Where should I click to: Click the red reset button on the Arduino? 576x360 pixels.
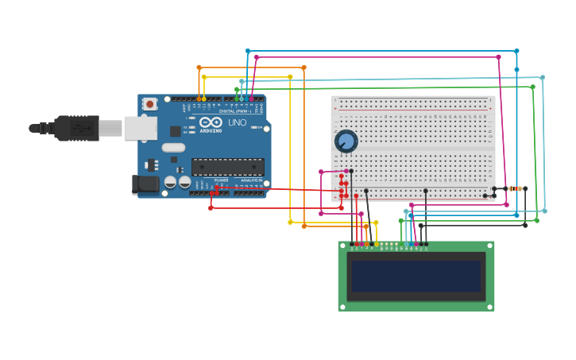[150, 103]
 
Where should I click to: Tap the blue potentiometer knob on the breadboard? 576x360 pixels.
[346, 141]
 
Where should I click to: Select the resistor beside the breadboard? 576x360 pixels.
[516, 189]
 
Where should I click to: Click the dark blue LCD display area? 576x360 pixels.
[416, 276]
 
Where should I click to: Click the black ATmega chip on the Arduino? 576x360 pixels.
[227, 166]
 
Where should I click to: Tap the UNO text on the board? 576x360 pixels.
[238, 123]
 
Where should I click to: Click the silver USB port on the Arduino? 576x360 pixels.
[141, 127]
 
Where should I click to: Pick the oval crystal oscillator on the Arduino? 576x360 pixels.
[173, 147]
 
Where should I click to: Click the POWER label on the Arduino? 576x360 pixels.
[221, 180]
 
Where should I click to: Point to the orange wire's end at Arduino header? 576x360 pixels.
[199, 99]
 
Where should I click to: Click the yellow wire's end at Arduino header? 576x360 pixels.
[204, 99]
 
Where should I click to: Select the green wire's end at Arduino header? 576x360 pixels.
[237, 99]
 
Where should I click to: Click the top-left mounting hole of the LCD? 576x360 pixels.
[342, 246]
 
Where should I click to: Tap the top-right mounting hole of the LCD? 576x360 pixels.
[490, 246]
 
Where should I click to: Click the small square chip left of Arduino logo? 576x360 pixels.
[176, 131]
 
